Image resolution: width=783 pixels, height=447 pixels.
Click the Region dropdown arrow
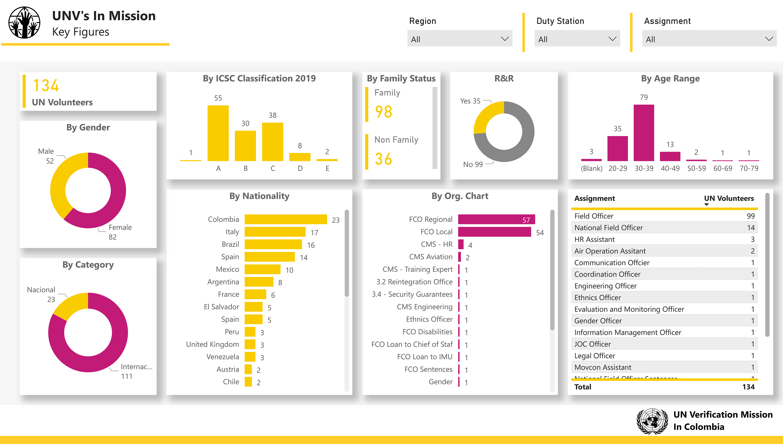[504, 39]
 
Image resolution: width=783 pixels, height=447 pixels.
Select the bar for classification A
[218, 133]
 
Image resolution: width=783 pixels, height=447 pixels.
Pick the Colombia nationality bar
[286, 219]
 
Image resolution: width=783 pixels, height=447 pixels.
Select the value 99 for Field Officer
[751, 216]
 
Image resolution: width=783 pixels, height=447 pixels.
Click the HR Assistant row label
[594, 239]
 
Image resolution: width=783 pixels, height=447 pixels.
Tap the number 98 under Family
[383, 112]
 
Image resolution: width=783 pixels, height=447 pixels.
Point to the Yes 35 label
[470, 101]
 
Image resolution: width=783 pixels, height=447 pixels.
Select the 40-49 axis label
[670, 168]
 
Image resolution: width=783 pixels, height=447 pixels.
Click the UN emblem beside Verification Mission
[652, 421]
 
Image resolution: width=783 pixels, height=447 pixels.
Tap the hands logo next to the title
[24, 23]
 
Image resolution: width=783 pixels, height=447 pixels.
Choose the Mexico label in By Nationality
[227, 269]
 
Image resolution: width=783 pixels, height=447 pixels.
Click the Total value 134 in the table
[748, 387]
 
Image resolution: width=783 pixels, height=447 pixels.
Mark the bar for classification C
[272, 142]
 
